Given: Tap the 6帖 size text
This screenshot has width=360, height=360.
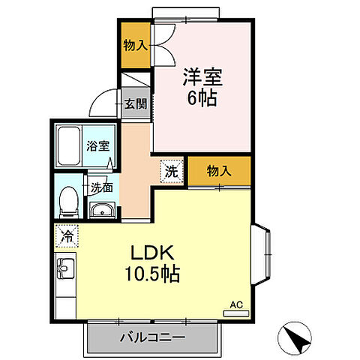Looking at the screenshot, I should [x=199, y=98].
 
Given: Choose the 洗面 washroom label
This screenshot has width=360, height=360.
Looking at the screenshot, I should [x=102, y=188].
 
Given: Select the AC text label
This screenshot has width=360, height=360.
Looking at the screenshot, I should [x=236, y=304].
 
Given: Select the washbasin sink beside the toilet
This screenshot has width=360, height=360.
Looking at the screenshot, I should [x=100, y=209].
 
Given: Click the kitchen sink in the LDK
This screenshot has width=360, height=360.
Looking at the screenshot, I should [x=64, y=267].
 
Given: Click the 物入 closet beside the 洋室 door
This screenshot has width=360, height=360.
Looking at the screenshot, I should [x=136, y=46].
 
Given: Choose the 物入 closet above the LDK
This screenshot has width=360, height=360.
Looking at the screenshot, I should [x=219, y=172].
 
